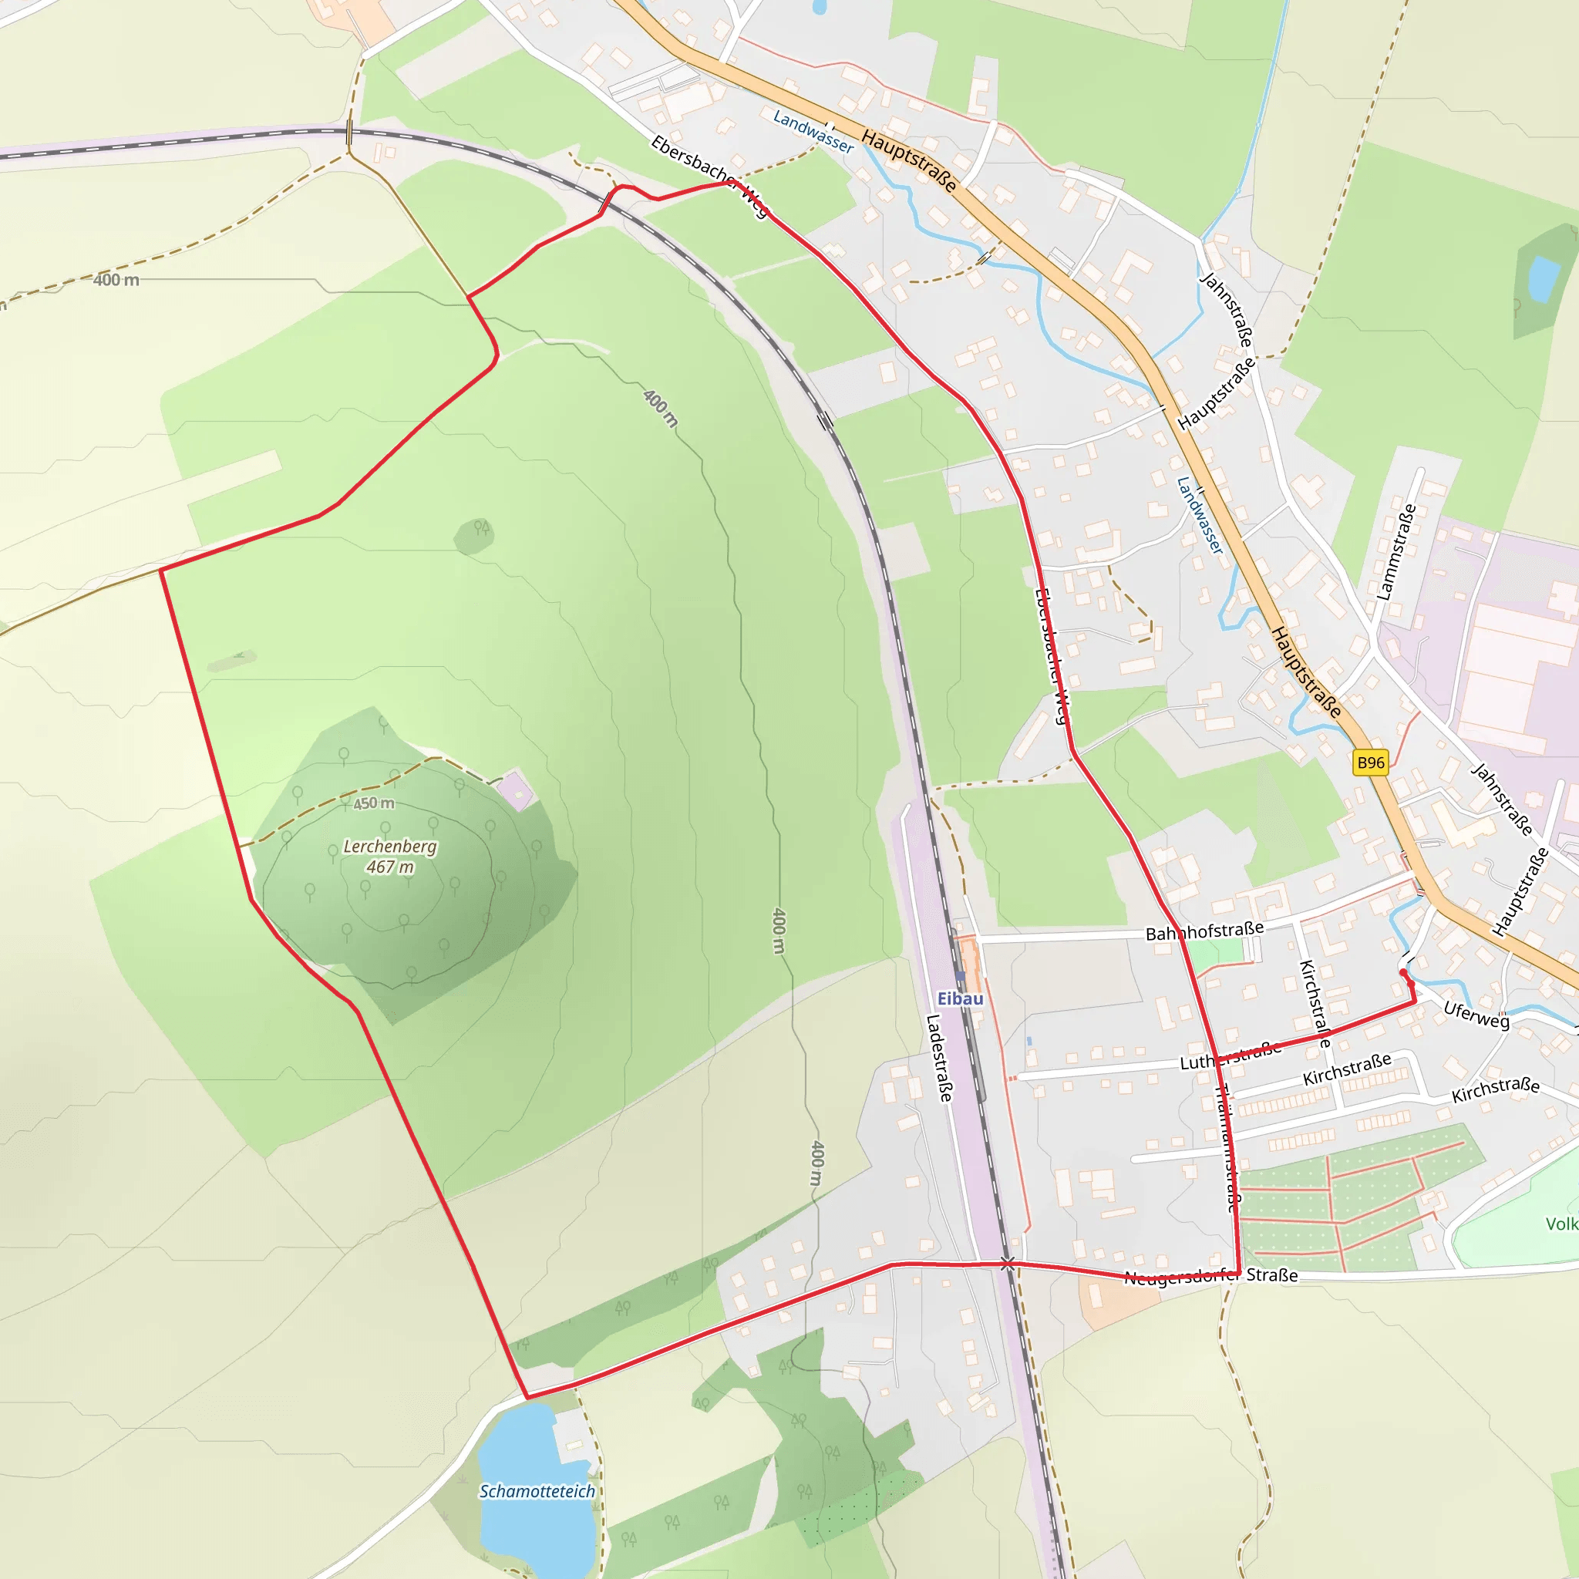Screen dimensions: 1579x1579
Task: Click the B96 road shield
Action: tap(1371, 763)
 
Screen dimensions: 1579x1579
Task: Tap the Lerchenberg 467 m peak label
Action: tap(390, 857)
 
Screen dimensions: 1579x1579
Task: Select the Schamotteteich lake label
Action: tap(537, 1491)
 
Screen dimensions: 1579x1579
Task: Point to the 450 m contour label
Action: tap(373, 803)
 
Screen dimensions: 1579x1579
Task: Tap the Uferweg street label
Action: tap(1476, 1015)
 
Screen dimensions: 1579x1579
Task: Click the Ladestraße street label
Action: tap(939, 1058)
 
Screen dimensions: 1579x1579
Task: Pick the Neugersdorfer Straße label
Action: tap(1210, 1276)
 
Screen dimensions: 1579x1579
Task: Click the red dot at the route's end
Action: tap(1403, 971)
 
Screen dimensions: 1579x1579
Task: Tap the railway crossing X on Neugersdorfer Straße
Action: tap(1008, 1264)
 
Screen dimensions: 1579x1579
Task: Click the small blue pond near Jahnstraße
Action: tap(1543, 278)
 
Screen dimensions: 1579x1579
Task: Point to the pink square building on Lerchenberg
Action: tap(516, 789)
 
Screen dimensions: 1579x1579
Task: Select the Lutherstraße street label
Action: tap(1230, 1056)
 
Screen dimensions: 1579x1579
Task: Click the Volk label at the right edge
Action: tap(1561, 1224)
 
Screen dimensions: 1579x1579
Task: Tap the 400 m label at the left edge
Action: tap(116, 280)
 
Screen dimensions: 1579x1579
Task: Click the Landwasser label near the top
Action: tap(813, 132)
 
